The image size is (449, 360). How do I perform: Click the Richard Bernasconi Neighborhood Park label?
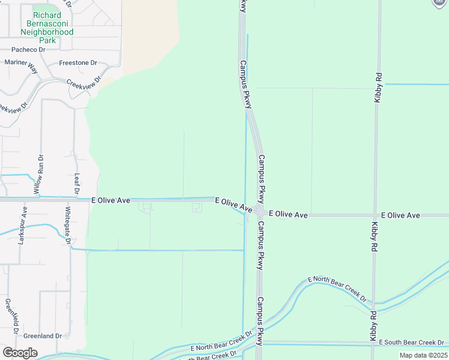click(47, 28)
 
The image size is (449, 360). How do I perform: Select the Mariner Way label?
click(22, 65)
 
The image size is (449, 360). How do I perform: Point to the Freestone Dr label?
click(78, 63)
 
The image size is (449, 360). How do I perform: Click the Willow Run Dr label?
click(39, 177)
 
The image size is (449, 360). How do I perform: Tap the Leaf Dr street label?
click(77, 184)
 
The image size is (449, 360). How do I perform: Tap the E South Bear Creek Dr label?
click(411, 342)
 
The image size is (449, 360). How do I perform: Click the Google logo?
click(20, 353)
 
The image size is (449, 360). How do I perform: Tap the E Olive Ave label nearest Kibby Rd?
click(400, 215)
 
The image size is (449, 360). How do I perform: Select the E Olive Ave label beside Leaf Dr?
click(110, 200)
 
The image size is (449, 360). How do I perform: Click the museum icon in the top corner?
click(440, 3)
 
